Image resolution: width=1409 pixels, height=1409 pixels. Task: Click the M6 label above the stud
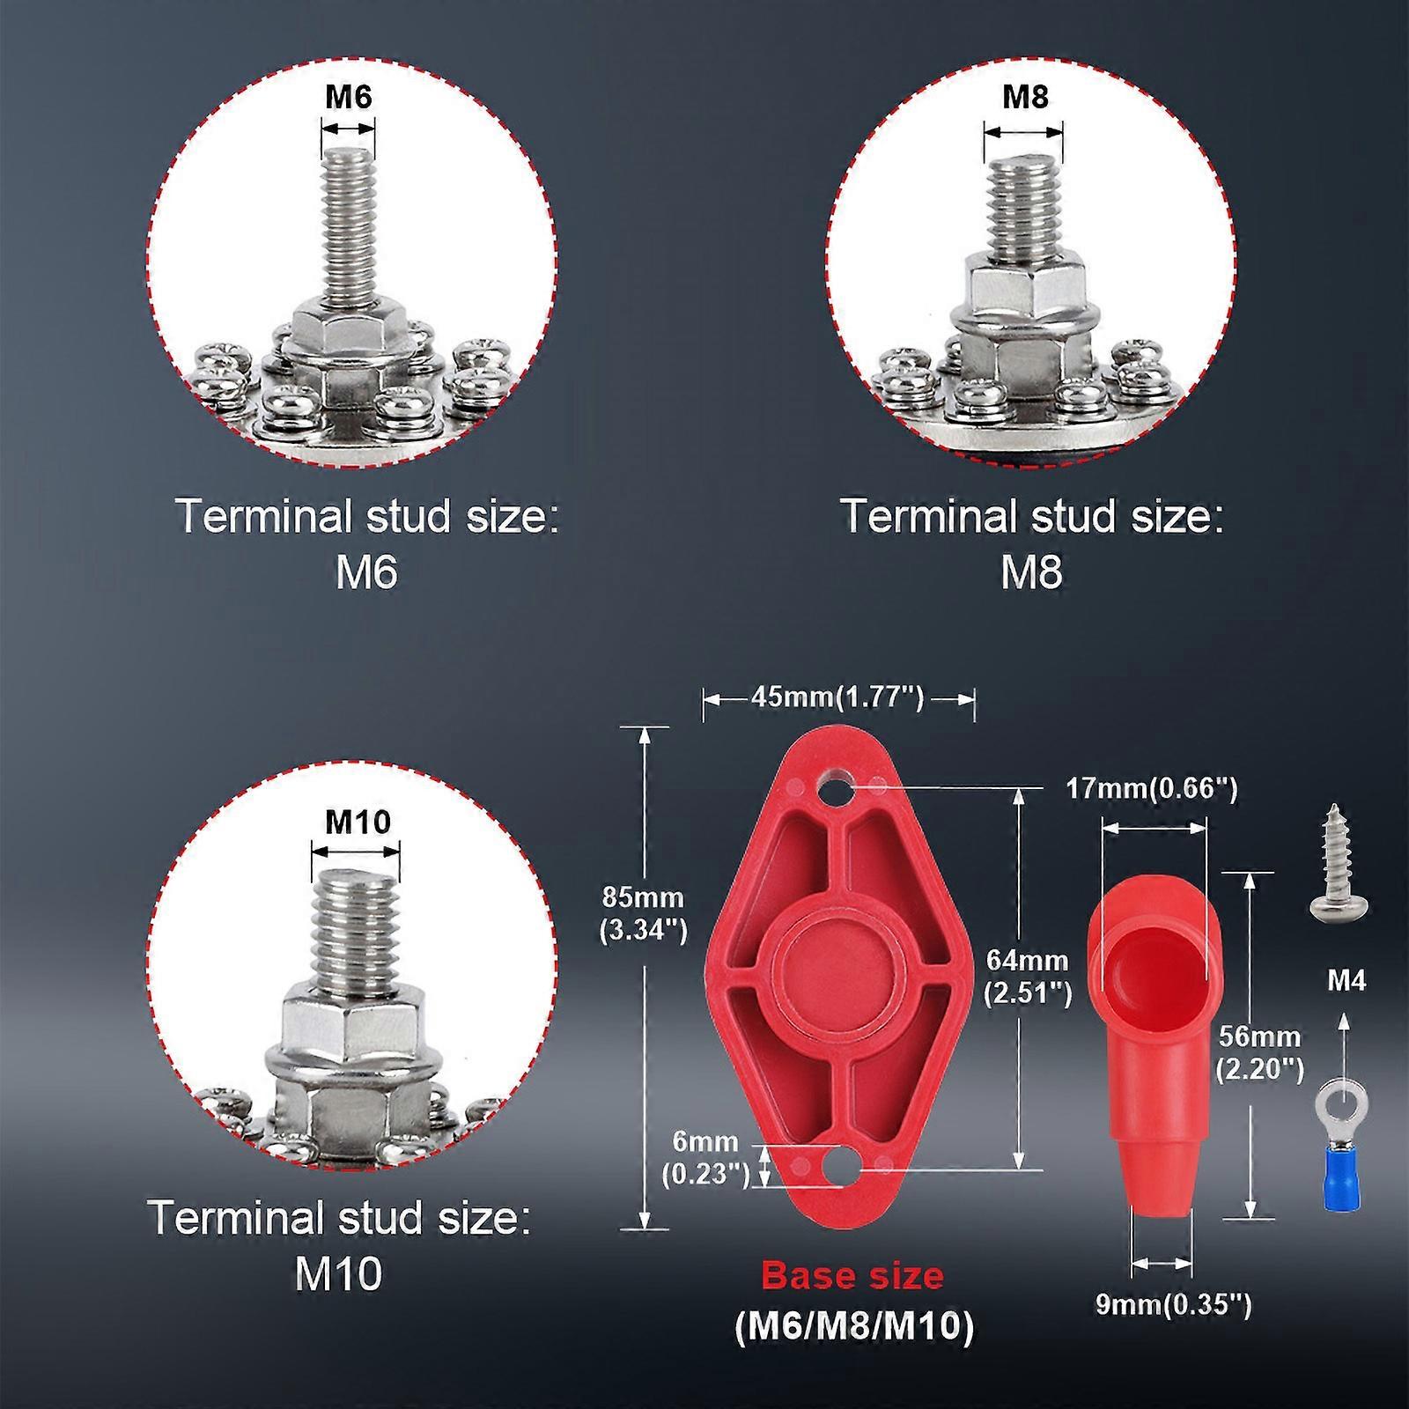[x=349, y=96]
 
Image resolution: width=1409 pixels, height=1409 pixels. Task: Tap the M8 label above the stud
[x=1025, y=96]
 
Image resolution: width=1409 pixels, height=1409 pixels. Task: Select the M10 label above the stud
[x=358, y=822]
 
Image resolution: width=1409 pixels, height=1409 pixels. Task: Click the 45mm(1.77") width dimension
[x=837, y=698]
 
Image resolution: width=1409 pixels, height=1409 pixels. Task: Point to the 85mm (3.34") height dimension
[x=643, y=913]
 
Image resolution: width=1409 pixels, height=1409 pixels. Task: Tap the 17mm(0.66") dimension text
[x=1152, y=788]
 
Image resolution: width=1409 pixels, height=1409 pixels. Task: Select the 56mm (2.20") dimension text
[x=1259, y=1052]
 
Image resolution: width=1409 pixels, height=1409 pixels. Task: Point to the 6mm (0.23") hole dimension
[x=704, y=1157]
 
